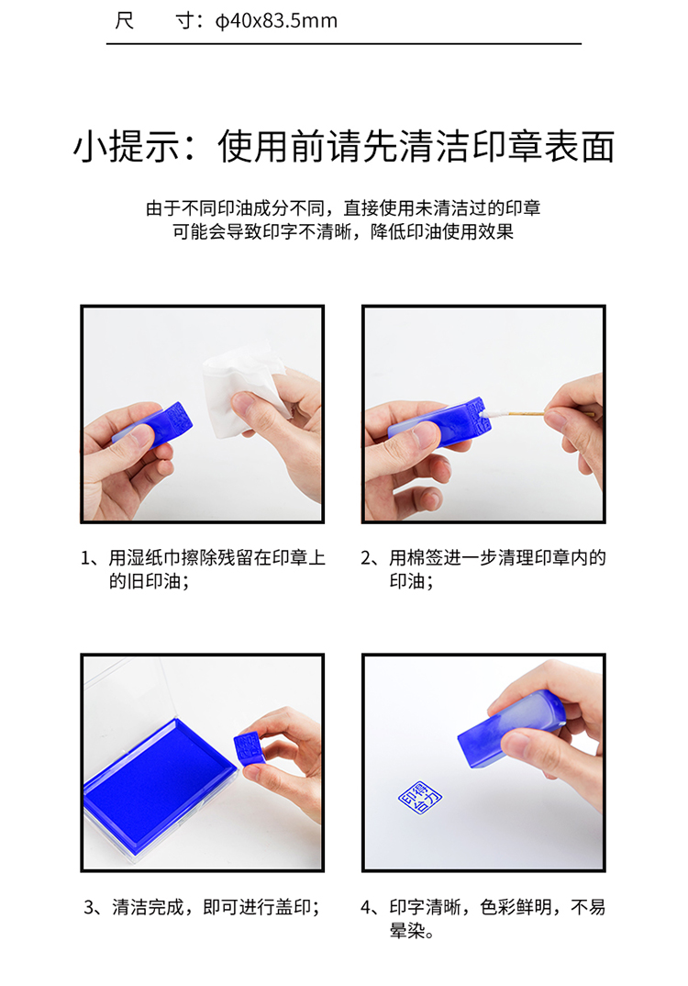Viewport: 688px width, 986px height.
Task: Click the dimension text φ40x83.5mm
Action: tap(276, 21)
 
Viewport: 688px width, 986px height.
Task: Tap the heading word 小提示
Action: tap(125, 147)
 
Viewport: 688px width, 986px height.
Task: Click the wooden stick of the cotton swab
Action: tap(526, 414)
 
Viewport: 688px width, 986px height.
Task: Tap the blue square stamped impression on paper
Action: tap(420, 798)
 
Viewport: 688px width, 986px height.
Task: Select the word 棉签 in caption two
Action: tap(426, 558)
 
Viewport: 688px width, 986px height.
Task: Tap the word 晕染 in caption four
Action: tap(407, 931)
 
